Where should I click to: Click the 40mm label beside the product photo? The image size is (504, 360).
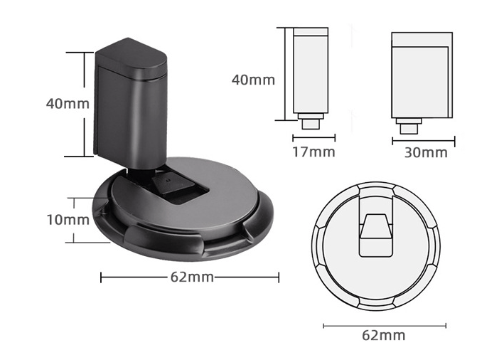tap(68, 104)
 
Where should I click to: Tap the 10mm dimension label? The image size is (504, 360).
tap(68, 220)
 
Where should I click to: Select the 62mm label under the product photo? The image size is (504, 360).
tap(191, 277)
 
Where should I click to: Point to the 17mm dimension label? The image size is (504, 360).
tap(313, 152)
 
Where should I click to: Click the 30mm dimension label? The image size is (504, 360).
tap(426, 152)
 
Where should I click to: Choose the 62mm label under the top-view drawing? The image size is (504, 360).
tap(383, 335)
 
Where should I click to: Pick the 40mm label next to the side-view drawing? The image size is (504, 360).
tap(253, 80)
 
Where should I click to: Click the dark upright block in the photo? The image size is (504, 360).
tap(128, 114)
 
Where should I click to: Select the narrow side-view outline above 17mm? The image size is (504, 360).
tap(311, 71)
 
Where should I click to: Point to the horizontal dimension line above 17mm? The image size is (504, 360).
tap(313, 138)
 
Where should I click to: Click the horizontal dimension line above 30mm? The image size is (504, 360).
tap(424, 139)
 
